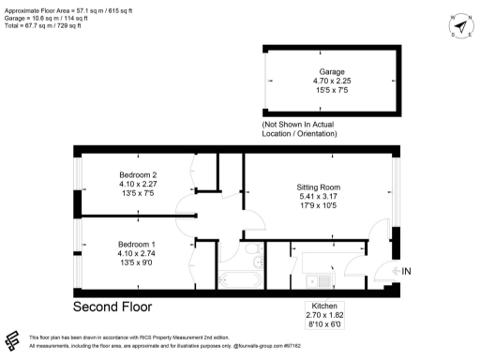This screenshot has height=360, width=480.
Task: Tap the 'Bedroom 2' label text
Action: [138, 175]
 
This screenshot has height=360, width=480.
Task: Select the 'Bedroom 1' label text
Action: [138, 243]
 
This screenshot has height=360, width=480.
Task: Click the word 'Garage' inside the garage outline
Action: [332, 71]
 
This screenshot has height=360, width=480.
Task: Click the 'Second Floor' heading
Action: [112, 307]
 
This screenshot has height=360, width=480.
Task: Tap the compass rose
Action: [458, 25]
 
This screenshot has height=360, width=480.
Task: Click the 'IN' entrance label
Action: [407, 272]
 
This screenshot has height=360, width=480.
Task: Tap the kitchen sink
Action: [323, 279]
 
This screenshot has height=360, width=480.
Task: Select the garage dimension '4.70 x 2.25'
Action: [332, 82]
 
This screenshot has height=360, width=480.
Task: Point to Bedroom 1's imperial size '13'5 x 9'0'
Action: [138, 263]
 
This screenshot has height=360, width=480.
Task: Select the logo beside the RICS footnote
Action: [14, 339]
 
